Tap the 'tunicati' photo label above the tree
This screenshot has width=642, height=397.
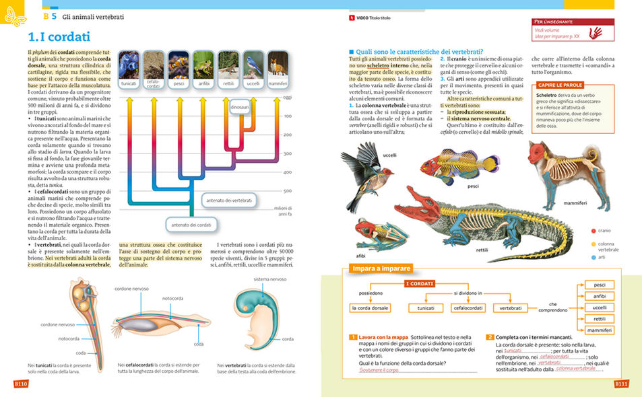(129, 83)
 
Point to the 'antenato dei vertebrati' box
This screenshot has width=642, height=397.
(229, 201)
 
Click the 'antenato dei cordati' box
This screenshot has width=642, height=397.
(190, 224)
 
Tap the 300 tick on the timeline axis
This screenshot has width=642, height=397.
(288, 153)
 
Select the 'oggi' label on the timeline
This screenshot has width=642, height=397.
(288, 98)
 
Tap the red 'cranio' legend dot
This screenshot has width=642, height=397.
(593, 230)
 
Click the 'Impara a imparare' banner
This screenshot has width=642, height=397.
(381, 268)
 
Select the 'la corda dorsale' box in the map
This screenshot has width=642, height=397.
(371, 308)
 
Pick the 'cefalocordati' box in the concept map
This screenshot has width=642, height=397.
(468, 308)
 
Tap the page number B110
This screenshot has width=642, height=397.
(20, 384)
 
